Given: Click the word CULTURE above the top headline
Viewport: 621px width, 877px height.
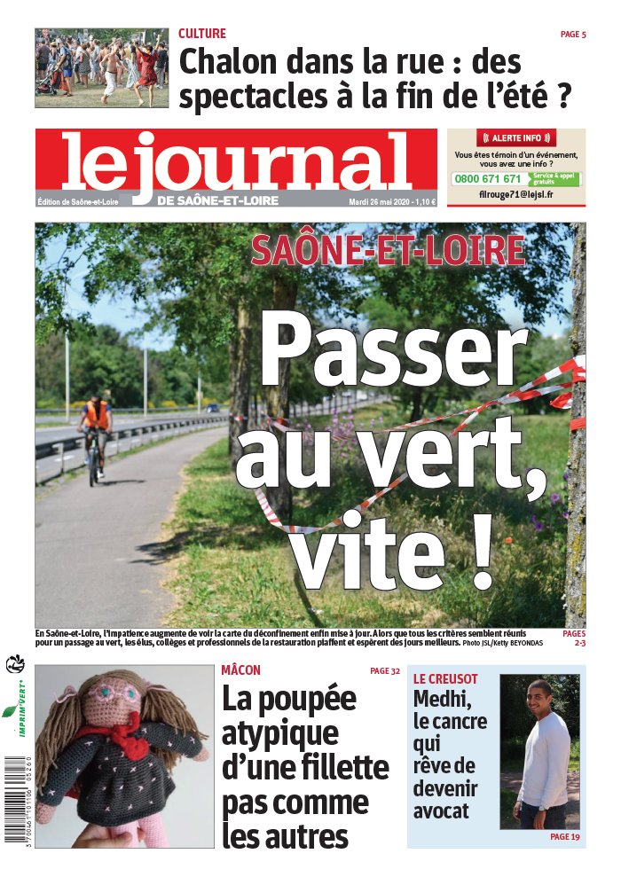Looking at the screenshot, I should coord(202,34).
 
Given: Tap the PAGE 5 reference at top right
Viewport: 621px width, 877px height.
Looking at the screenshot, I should coord(573,35).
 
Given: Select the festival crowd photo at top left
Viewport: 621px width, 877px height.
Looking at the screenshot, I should coord(101,67).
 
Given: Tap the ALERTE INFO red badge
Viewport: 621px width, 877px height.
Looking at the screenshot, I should coord(515,138).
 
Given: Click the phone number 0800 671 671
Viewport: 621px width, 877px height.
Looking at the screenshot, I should coord(488,178).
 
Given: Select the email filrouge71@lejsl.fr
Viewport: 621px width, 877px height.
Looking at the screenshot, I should coord(515,195).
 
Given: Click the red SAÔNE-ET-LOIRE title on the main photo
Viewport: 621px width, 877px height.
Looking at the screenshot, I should coord(388,251).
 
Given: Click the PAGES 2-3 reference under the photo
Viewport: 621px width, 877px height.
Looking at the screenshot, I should coord(573,639).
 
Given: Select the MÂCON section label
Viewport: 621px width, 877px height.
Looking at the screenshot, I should coord(240,671).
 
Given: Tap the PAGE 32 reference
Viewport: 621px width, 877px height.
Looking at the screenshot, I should coord(385,671).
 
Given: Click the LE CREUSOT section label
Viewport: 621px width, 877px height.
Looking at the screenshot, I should coord(445,679).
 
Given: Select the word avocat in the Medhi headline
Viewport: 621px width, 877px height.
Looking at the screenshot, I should coord(441,810).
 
